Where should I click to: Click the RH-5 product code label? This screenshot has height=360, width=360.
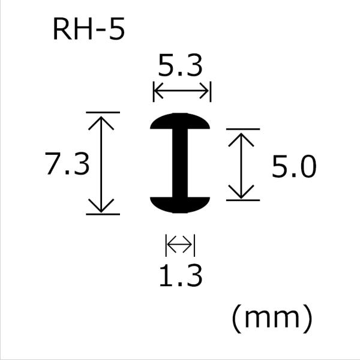click(88, 30)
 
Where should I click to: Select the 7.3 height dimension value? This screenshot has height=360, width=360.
click(67, 163)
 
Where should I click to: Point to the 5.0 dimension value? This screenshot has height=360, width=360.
click(293, 167)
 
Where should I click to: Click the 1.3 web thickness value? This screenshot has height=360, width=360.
click(180, 277)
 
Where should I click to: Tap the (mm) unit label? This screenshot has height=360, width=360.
click(272, 319)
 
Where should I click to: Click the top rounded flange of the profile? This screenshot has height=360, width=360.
click(180, 122)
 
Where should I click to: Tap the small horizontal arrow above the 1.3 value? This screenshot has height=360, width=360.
click(180, 245)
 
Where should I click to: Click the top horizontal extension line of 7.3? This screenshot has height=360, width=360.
click(103, 112)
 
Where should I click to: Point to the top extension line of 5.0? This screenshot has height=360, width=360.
click(242, 129)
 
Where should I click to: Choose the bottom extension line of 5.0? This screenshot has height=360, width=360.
click(242, 200)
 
